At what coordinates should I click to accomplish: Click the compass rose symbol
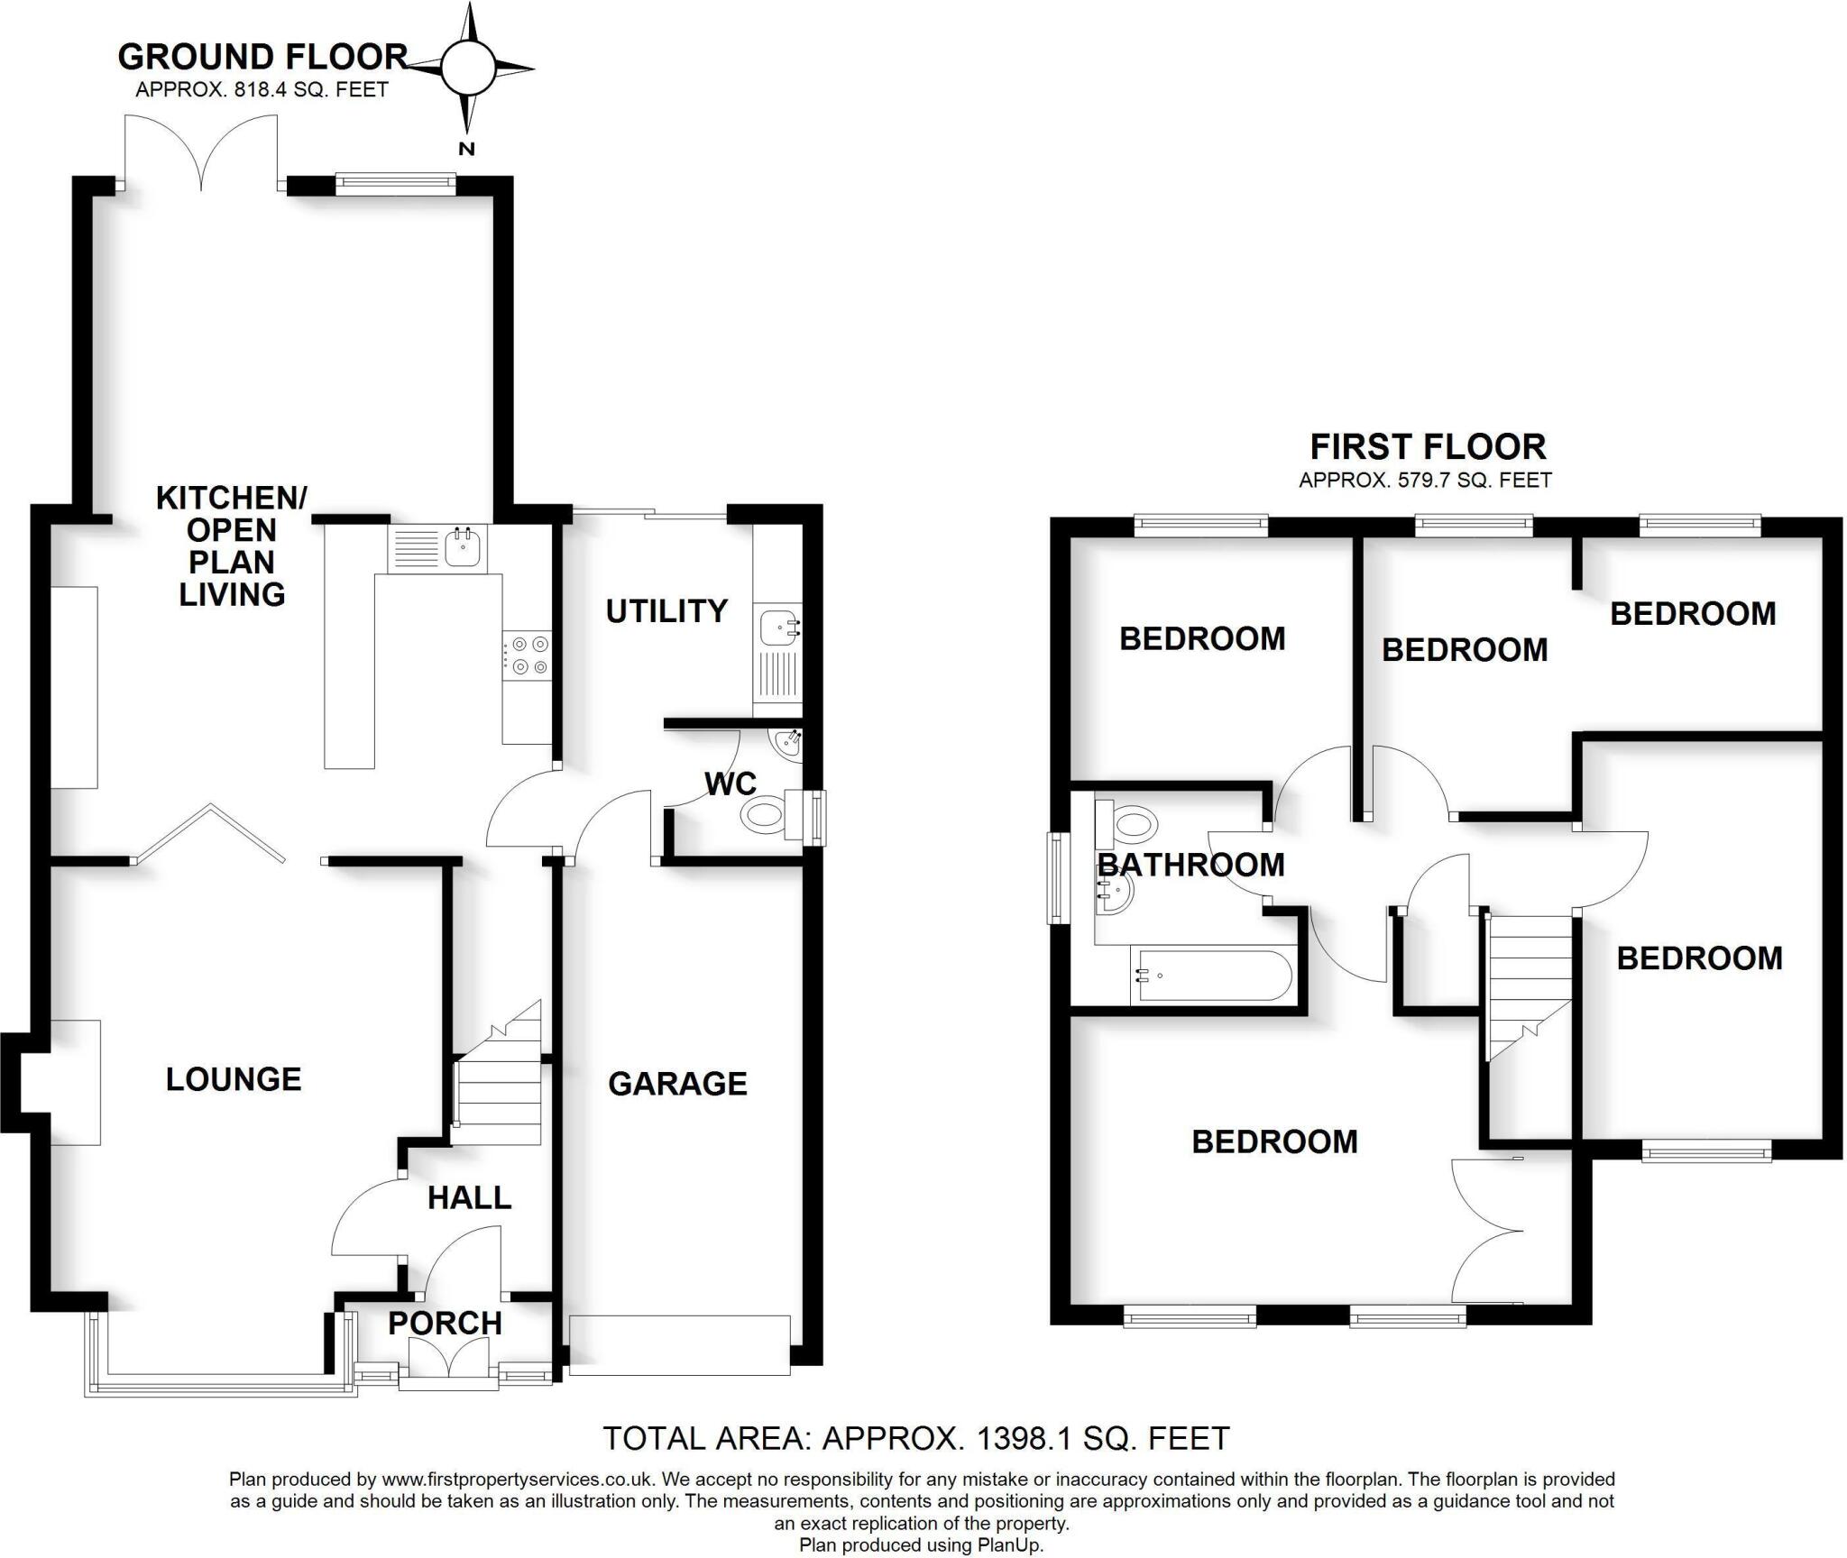coord(468,68)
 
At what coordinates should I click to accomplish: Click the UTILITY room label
coord(666,611)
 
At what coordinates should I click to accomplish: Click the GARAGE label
coord(677,1083)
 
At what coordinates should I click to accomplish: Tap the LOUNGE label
coord(234,1078)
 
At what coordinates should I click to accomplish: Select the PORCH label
coord(445,1323)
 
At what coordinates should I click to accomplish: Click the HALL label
coord(469,1197)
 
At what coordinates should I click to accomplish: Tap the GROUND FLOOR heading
coord(262,57)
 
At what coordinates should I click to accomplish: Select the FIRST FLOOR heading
coord(1428,446)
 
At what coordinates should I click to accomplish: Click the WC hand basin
coord(786,745)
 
